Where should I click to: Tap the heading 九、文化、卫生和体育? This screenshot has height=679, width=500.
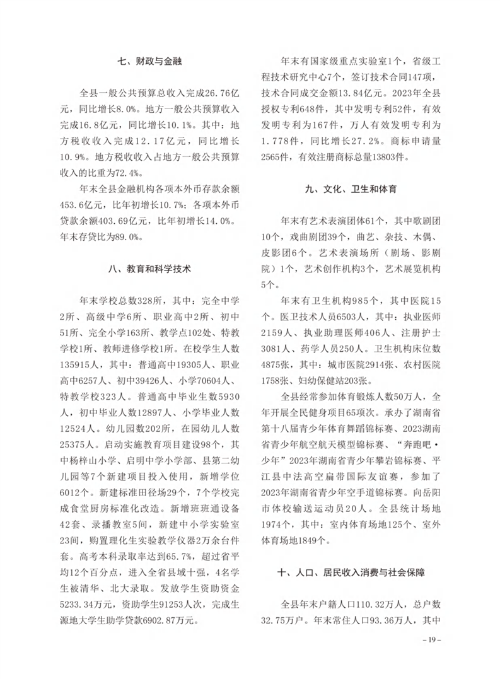[353, 189]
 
